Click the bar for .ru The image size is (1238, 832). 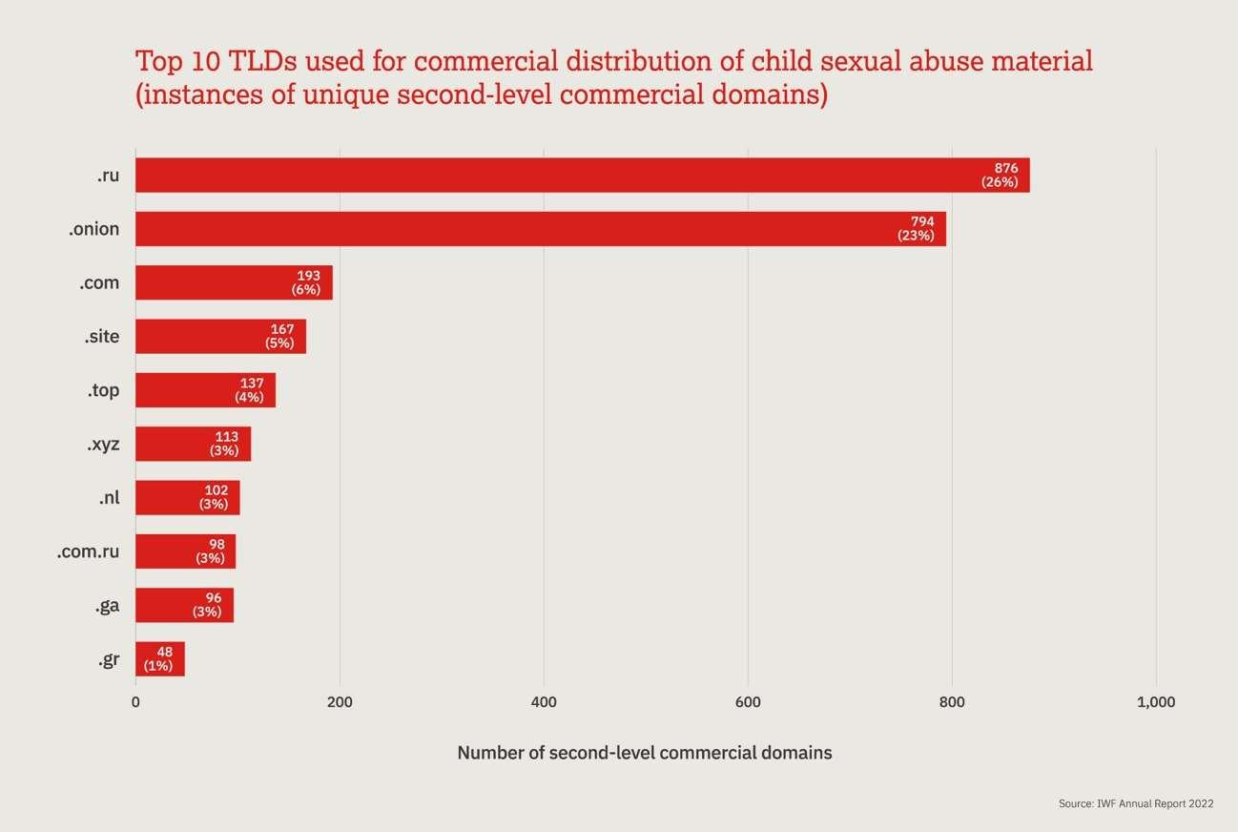tap(582, 176)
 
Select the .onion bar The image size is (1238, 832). tap(541, 229)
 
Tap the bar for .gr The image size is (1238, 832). tap(159, 659)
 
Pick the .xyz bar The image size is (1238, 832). tap(193, 444)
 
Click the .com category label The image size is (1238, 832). tap(99, 283)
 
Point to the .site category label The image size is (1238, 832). tap(101, 337)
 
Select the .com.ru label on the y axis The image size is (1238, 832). tap(88, 551)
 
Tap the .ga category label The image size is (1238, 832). tap(107, 606)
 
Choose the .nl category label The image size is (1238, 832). tap(109, 498)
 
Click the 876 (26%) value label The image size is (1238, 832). tap(1001, 176)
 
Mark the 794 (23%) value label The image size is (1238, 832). tap(917, 229)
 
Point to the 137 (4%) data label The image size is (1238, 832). tap(250, 390)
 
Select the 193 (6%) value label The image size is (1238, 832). tap(307, 283)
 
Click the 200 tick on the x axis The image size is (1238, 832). tap(340, 703)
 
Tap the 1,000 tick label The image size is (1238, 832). tap(1156, 703)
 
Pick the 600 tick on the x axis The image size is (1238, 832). tap(748, 703)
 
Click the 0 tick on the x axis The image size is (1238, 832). tap(135, 703)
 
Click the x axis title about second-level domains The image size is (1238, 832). tap(645, 753)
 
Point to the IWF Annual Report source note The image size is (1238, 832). tap(1136, 804)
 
